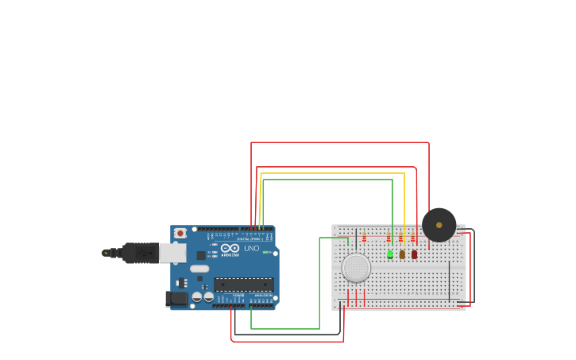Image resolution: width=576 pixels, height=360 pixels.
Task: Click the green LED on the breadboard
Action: tap(390, 254)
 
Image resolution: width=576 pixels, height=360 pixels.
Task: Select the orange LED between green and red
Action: tap(402, 254)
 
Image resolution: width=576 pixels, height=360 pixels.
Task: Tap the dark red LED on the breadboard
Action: tap(414, 254)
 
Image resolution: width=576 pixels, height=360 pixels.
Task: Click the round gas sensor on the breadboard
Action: tap(356, 268)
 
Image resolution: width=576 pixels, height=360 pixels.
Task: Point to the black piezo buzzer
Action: tap(439, 225)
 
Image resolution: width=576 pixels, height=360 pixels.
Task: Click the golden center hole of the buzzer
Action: tap(439, 225)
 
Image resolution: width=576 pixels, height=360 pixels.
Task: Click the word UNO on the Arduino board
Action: tap(251, 249)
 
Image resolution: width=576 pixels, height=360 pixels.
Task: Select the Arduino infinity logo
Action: tap(230, 248)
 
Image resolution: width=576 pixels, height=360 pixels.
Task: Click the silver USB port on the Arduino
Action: tap(172, 253)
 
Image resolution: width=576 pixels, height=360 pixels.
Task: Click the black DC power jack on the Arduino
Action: tap(177, 299)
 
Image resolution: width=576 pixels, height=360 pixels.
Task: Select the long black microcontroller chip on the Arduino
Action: tap(244, 284)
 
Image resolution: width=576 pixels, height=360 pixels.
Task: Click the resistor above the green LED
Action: tap(389, 238)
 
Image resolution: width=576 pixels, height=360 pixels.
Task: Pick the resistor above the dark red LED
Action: tap(412, 238)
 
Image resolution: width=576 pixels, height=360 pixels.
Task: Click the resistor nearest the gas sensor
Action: tap(365, 237)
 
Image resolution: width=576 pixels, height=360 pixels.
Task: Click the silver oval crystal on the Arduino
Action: tap(199, 269)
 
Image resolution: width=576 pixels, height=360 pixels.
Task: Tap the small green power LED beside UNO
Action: tap(266, 253)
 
